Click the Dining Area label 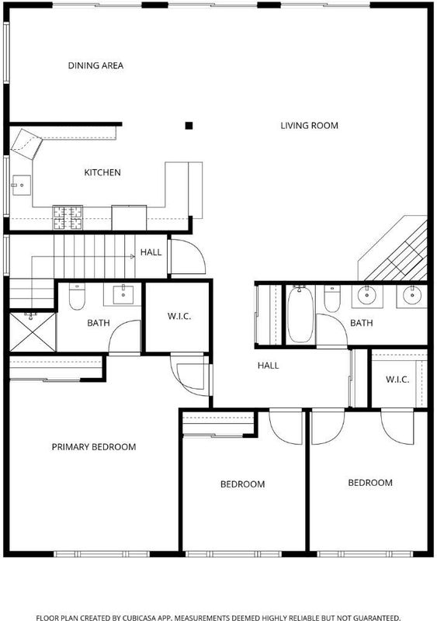pyautogui.click(x=95, y=65)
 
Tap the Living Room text pyautogui.click(x=309, y=126)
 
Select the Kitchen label pyautogui.click(x=102, y=172)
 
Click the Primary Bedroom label pyautogui.click(x=94, y=447)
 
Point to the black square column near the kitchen pyautogui.click(x=189, y=126)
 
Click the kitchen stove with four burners pyautogui.click(x=68, y=217)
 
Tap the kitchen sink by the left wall pyautogui.click(x=21, y=186)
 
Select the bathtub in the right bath pyautogui.click(x=300, y=315)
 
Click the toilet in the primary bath pyautogui.click(x=77, y=297)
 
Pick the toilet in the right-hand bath pyautogui.click(x=332, y=299)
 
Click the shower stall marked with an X pyautogui.click(x=33, y=332)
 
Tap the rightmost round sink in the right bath pyautogui.click(x=412, y=296)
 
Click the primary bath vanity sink pyautogui.click(x=123, y=295)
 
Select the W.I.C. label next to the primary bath pyautogui.click(x=179, y=316)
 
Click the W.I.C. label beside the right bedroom pyautogui.click(x=397, y=380)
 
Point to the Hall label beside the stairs pyautogui.click(x=151, y=252)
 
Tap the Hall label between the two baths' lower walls pyautogui.click(x=269, y=365)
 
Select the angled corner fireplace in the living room pyautogui.click(x=393, y=248)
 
